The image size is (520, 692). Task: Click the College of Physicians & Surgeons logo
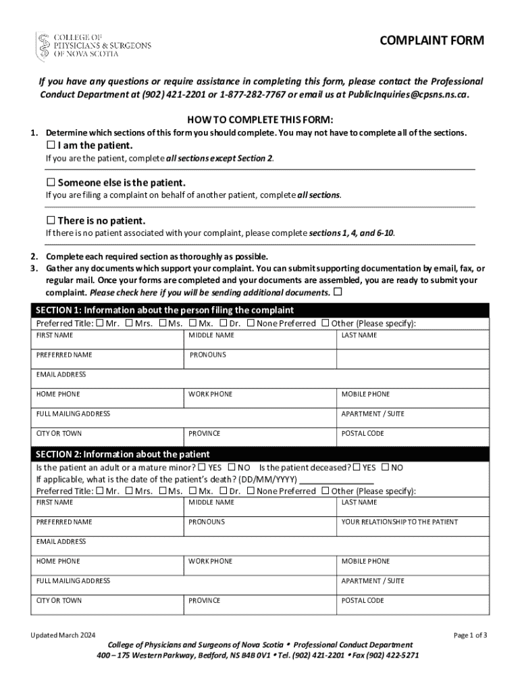point(94,45)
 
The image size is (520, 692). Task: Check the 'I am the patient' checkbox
point(51,145)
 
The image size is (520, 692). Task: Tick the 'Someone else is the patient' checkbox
point(51,182)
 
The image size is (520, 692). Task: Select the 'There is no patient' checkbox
point(51,220)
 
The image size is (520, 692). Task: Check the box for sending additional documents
point(338,293)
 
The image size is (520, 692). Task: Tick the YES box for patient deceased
point(357,467)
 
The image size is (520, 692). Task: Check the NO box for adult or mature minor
point(232,467)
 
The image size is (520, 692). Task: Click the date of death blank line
point(336,479)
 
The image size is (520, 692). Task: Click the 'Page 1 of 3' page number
point(471,635)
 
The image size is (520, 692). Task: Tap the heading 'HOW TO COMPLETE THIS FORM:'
point(260,119)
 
